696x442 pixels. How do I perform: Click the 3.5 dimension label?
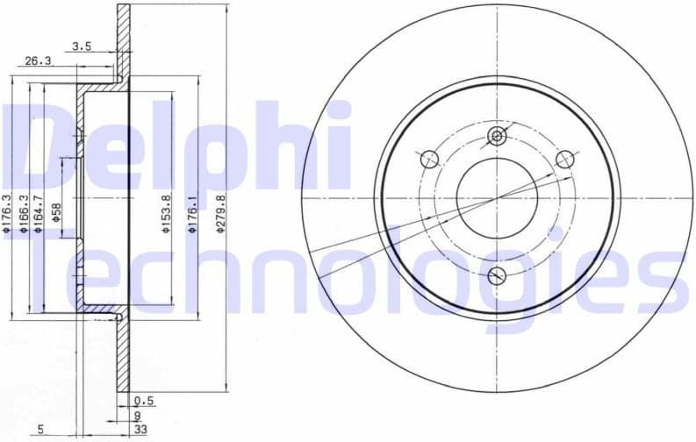click(x=82, y=46)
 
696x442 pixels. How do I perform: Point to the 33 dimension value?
click(x=140, y=429)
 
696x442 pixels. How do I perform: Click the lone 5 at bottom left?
click(x=40, y=429)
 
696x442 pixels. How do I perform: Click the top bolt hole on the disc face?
click(x=498, y=136)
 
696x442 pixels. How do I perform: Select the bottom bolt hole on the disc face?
click(x=498, y=275)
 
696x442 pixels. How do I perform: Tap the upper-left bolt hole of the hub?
click(x=429, y=159)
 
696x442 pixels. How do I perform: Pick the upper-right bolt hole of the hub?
click(x=565, y=159)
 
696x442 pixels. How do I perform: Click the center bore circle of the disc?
click(x=497, y=197)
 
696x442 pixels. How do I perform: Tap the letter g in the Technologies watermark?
click(x=554, y=272)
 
